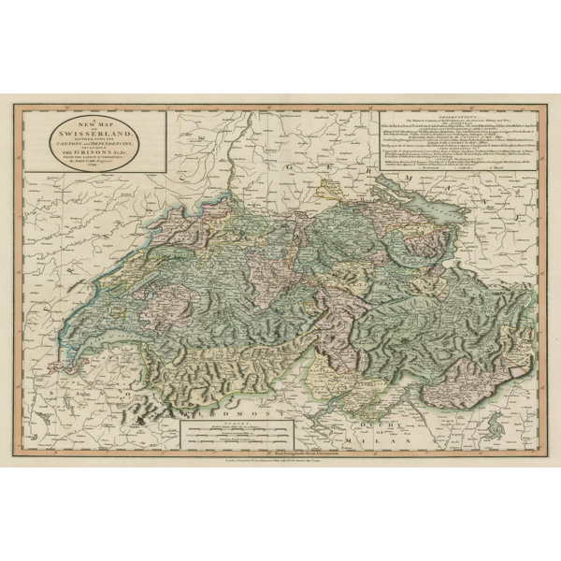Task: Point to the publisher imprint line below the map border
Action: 280,463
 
